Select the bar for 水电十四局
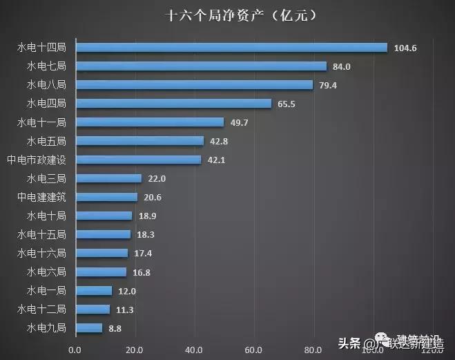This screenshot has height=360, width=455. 231,48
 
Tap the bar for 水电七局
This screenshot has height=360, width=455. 200,66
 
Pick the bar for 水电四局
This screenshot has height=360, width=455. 173,104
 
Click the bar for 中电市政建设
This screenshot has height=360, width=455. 138,160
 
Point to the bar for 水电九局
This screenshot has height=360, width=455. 88,328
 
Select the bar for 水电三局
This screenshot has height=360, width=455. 108,178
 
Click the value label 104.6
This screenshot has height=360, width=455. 405,48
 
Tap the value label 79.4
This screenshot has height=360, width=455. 328,86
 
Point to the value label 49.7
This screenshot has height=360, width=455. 240,123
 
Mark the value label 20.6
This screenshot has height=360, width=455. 153,198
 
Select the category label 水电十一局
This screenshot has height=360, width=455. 41,122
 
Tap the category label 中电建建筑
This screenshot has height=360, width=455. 41,197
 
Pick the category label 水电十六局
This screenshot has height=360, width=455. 41,253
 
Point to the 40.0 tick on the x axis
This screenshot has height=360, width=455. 195,350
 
